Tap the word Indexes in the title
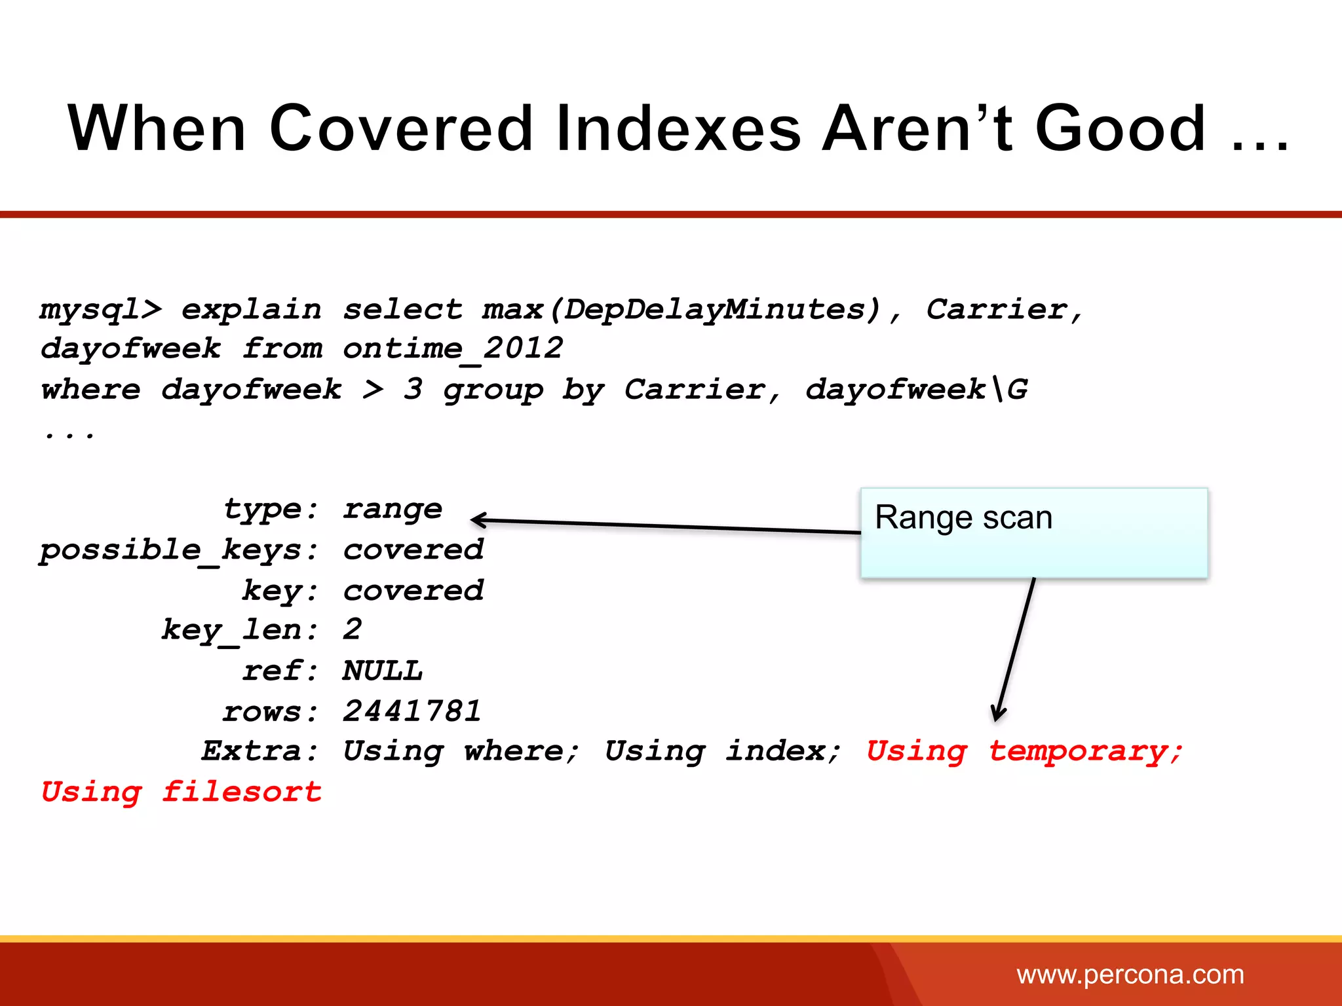[x=678, y=128]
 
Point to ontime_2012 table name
[x=453, y=348]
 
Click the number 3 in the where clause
[x=413, y=389]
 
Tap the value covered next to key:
[x=413, y=591]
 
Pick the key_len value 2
[x=353, y=630]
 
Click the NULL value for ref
[x=383, y=671]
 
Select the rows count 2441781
[x=412, y=711]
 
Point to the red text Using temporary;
[x=1024, y=751]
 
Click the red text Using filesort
[x=182, y=792]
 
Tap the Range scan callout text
[x=963, y=517]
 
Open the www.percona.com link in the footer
[x=1130, y=975]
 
